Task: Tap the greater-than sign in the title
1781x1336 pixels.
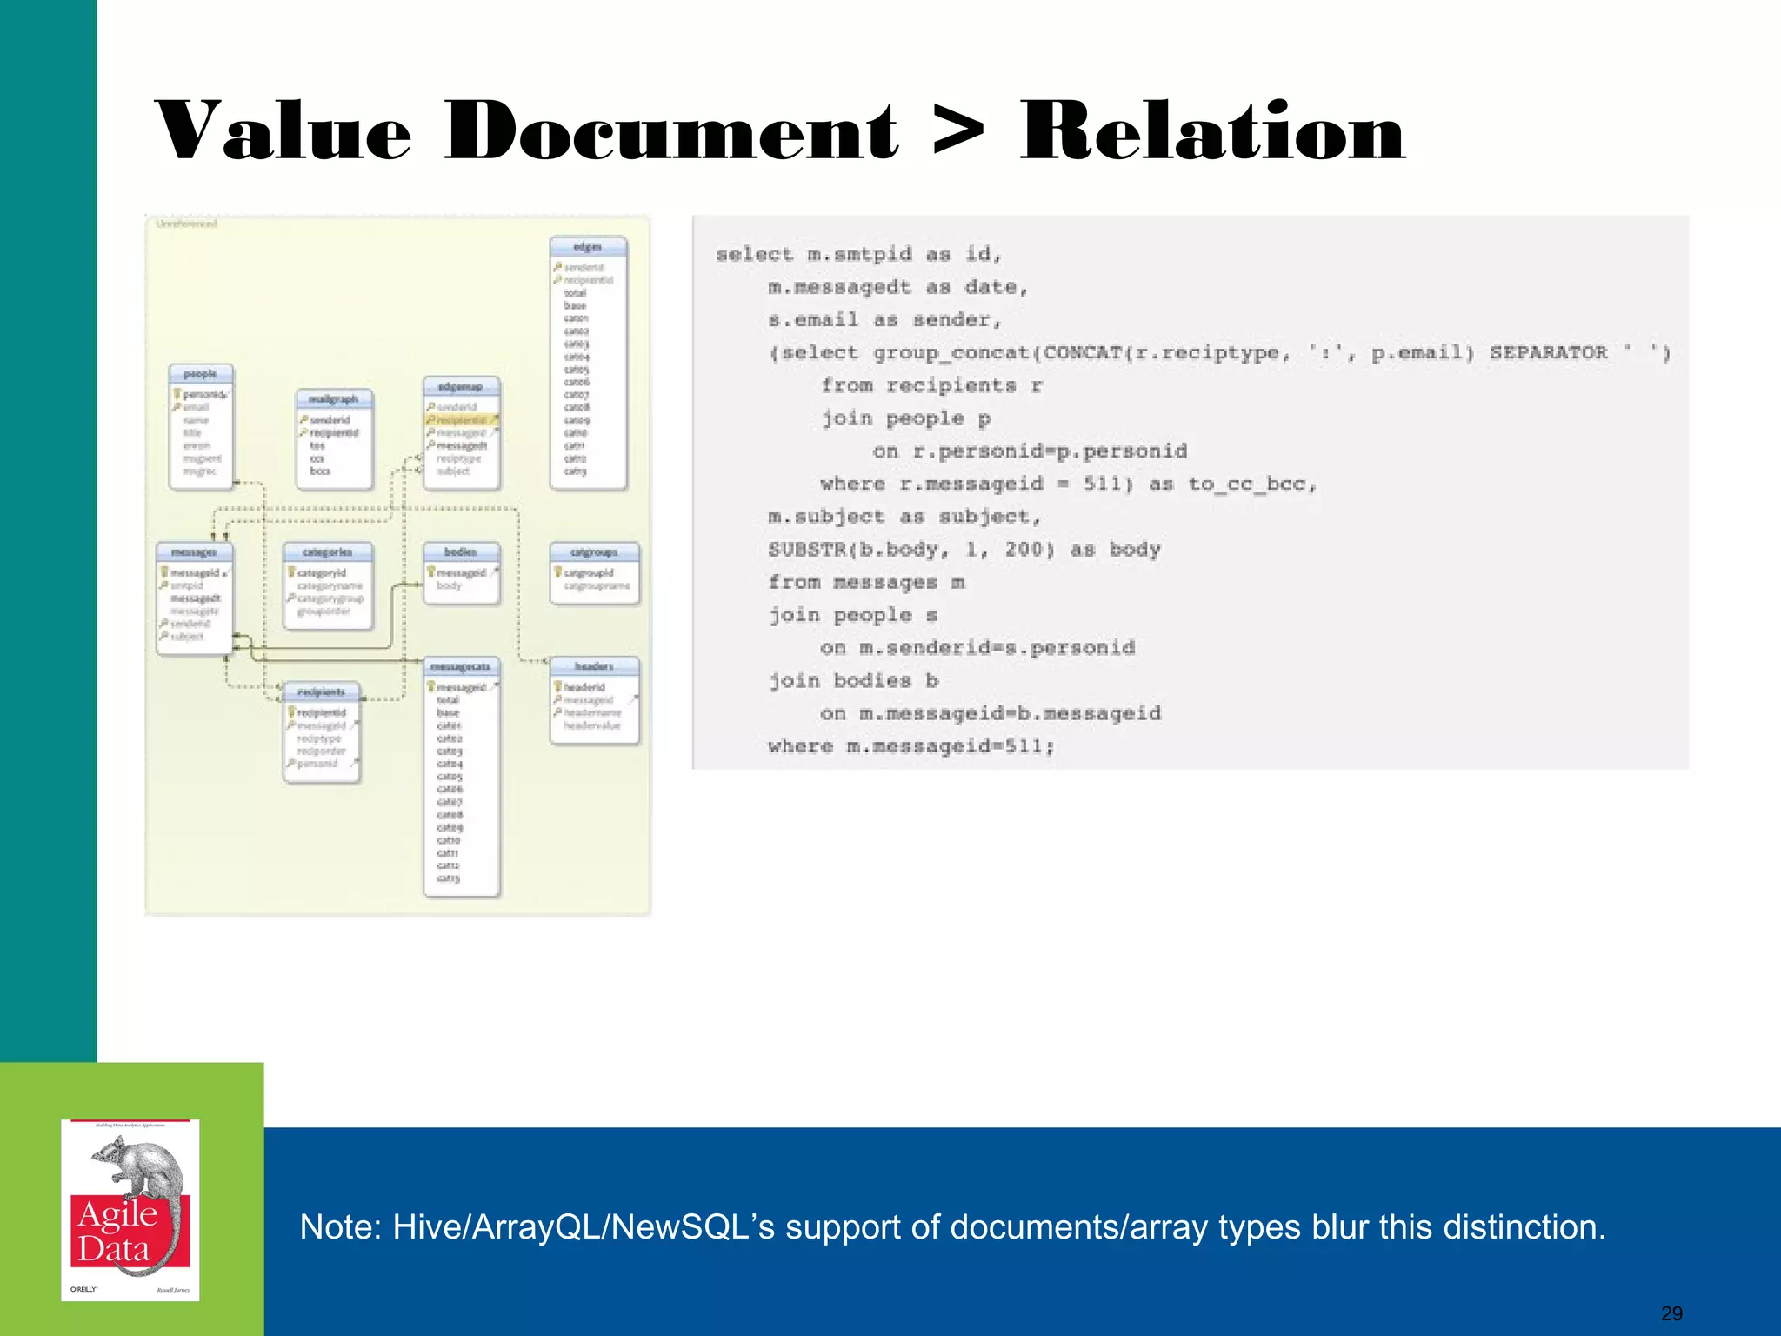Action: [958, 132]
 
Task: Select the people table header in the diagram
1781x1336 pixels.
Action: [200, 374]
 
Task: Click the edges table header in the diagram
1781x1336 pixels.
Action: [588, 247]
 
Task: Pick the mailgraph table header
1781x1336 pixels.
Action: [334, 399]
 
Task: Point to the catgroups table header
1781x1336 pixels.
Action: [594, 552]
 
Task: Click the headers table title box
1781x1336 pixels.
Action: [594, 666]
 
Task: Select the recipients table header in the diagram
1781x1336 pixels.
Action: [322, 691]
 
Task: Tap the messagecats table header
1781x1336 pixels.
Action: [461, 666]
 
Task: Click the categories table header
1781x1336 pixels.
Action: [328, 552]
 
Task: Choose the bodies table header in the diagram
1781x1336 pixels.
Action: [461, 552]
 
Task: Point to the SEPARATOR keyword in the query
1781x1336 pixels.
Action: [1548, 352]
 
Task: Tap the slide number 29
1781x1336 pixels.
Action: [1671, 1313]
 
